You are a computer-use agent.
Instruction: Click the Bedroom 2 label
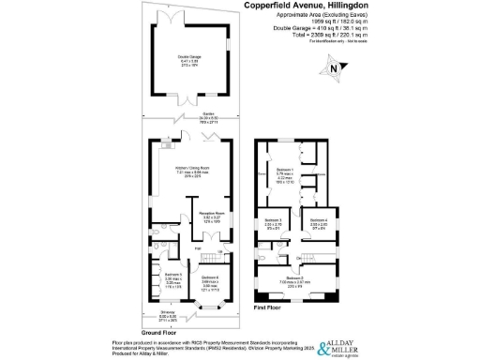click(293, 278)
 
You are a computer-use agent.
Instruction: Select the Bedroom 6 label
click(210, 277)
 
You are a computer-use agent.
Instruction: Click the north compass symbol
click(332, 67)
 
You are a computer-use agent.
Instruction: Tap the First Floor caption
click(268, 306)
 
